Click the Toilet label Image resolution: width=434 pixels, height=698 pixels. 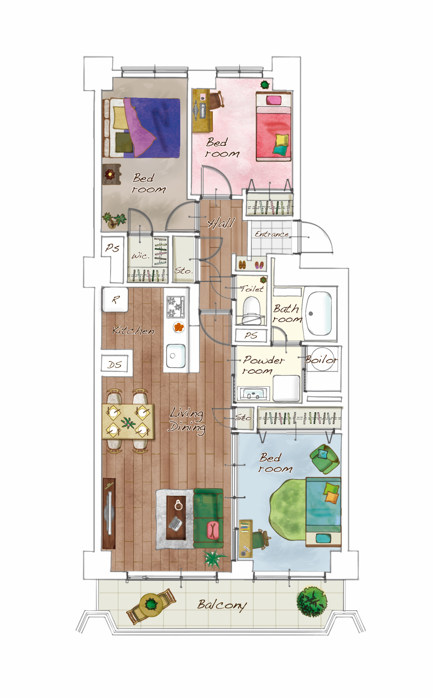251,289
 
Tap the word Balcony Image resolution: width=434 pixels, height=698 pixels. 222,605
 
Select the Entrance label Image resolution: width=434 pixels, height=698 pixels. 271,234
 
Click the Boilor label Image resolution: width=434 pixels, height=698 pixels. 321,359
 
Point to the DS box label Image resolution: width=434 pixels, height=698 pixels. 114,364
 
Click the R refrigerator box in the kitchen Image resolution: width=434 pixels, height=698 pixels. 115,300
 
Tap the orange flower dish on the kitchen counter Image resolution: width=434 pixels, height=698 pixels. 179,327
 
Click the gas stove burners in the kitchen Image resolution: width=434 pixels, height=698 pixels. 176,307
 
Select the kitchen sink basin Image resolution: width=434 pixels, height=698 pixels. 176,355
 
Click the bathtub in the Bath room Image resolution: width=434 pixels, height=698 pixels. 319,313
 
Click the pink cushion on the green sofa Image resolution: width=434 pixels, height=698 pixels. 213,531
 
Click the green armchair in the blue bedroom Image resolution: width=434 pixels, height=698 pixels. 324,457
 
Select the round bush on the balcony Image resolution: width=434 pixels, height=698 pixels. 312,601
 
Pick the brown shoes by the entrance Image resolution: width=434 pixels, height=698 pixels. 242,265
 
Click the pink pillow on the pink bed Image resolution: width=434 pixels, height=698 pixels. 274,100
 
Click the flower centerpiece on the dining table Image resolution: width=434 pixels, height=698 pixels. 128,423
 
